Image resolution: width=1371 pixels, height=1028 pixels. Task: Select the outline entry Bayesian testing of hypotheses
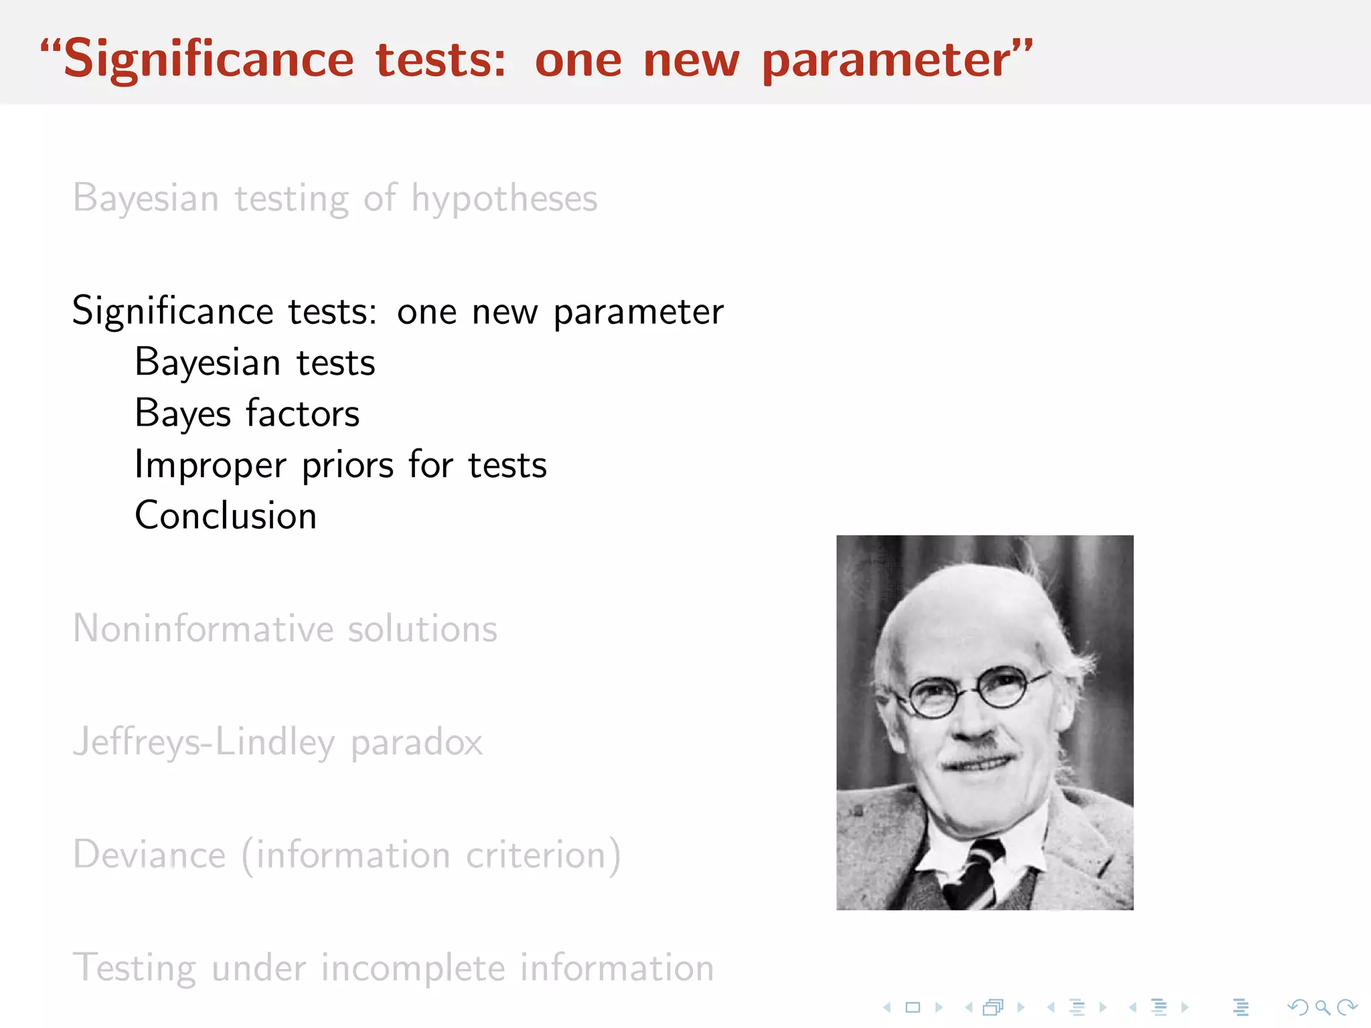pos(335,199)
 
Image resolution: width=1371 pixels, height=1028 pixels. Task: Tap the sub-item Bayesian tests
pos(254,363)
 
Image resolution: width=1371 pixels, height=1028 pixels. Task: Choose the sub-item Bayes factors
pos(247,414)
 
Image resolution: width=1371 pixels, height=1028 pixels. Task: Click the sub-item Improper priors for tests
pos(340,465)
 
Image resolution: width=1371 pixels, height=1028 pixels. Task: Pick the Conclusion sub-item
pos(226,516)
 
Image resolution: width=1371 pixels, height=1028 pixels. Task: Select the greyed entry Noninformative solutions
pos(285,629)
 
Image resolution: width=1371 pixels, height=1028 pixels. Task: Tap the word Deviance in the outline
pos(149,855)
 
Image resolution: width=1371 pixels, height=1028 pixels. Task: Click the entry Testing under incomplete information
pos(393,968)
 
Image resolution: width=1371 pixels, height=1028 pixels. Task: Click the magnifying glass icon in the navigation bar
pos(1322,1007)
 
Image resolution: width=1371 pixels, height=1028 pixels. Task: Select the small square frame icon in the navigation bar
pos(912,1007)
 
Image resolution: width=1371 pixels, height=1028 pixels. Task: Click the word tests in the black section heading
pos(332,312)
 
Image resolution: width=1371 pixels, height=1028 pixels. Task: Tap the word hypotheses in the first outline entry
pos(504,199)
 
